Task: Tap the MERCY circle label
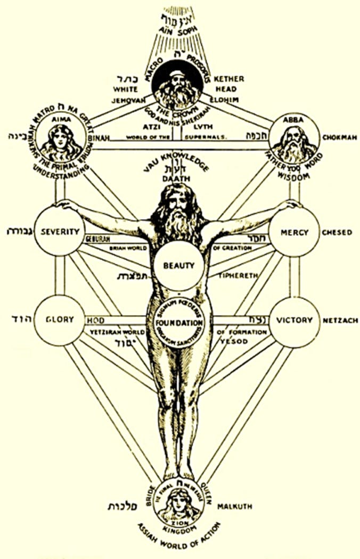point(294,232)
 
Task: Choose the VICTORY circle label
point(294,320)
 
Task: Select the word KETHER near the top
point(229,79)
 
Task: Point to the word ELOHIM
point(228,99)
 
